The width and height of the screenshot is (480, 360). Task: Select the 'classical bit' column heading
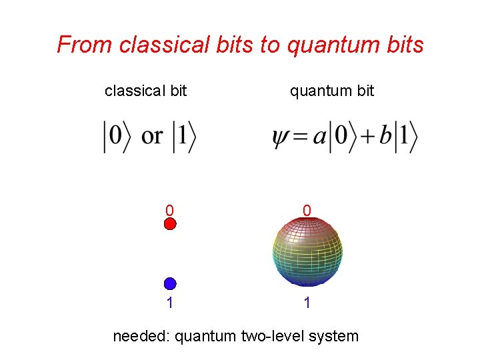[145, 91]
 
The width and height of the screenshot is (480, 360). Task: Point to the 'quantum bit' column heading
[331, 91]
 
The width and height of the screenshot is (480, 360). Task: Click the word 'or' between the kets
[152, 137]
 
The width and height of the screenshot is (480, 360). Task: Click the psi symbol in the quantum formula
[281, 138]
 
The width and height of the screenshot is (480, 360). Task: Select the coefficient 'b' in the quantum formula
[385, 137]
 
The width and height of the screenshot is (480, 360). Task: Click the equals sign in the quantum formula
[301, 138]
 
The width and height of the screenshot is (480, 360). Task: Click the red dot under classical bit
[170, 224]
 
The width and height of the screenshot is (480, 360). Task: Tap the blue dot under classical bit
[170, 283]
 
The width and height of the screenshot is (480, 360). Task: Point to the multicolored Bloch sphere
[307, 253]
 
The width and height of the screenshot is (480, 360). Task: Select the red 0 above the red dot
[170, 211]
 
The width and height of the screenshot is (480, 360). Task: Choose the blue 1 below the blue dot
[170, 303]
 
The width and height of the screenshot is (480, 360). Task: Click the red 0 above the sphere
[307, 211]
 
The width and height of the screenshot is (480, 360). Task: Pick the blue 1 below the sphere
[307, 303]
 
